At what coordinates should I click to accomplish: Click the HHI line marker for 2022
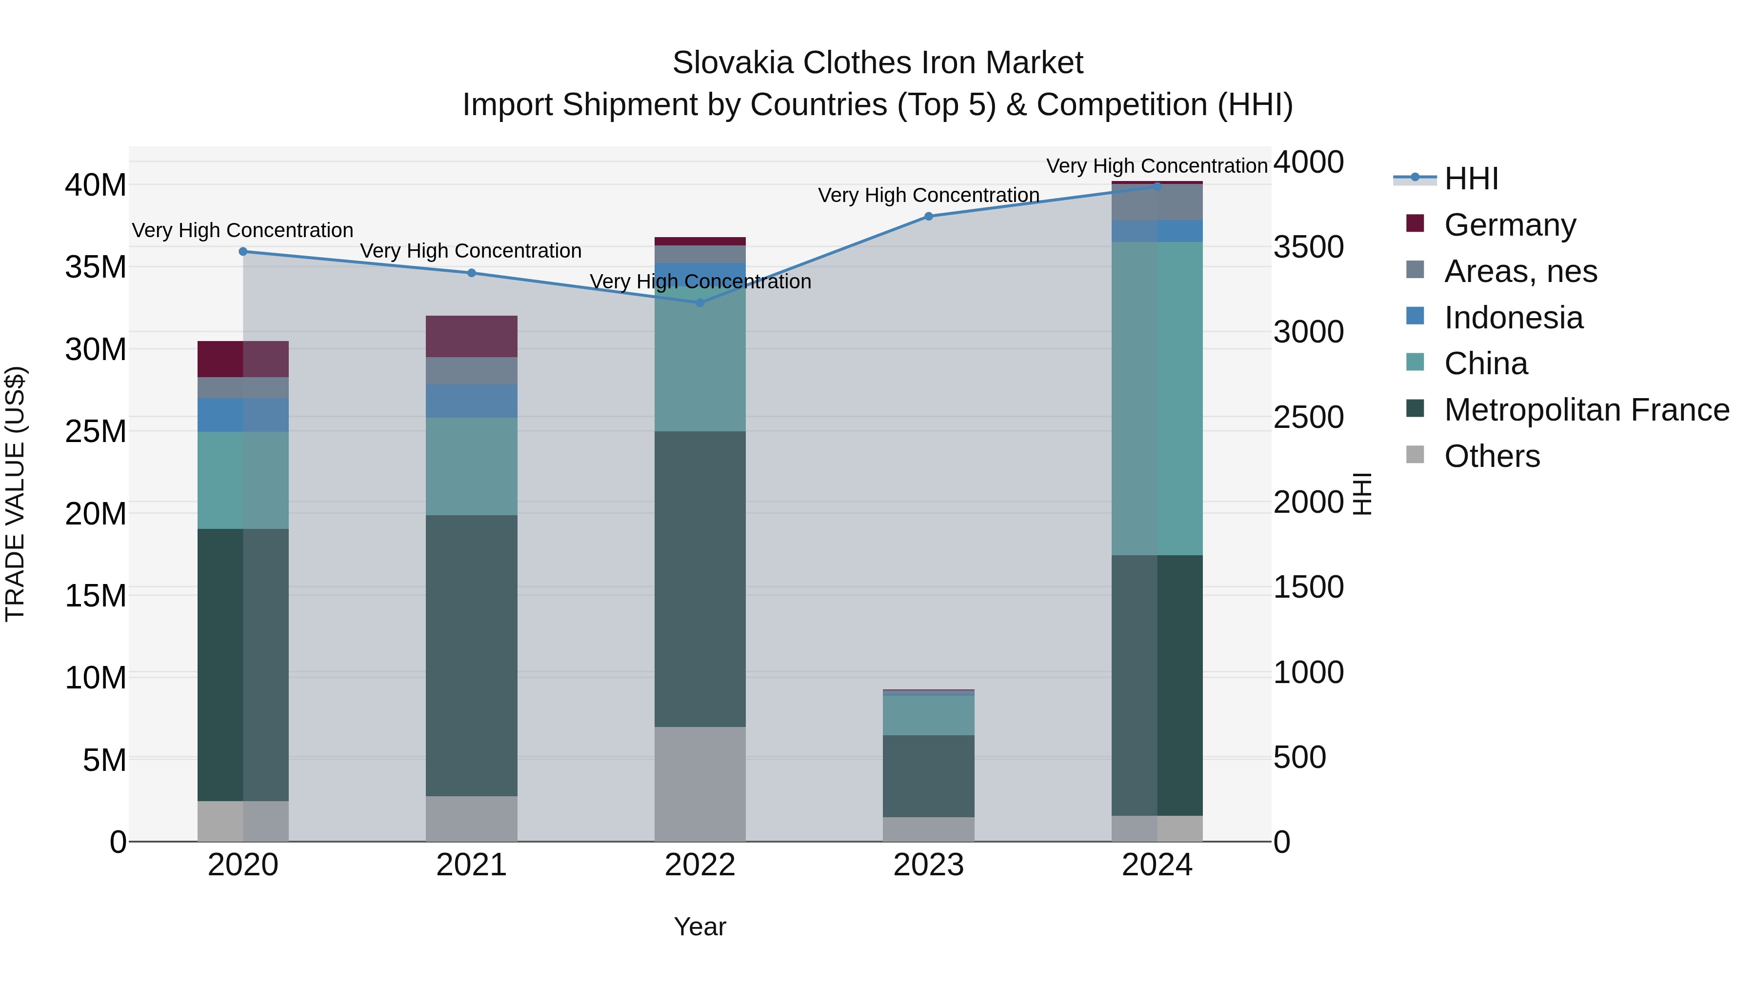tap(700, 302)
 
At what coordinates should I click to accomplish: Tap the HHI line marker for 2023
tap(928, 216)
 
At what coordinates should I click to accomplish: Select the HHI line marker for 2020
tap(243, 252)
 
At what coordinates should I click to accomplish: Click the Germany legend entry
tap(1509, 225)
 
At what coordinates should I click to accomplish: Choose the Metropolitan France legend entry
tap(1586, 410)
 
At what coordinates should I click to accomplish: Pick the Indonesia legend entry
tap(1513, 318)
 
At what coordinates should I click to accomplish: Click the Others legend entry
tap(1492, 456)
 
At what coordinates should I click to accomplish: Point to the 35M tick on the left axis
tap(96, 266)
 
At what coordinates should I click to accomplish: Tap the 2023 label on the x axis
tap(928, 865)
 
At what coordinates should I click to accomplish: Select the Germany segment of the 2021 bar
tap(472, 336)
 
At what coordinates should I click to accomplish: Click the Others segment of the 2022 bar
tap(700, 784)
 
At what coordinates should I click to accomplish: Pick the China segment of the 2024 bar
tap(1157, 399)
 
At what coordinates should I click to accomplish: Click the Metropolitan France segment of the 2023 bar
tap(928, 776)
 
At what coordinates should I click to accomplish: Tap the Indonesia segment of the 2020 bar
tap(243, 415)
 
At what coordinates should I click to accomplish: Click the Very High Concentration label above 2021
tap(471, 251)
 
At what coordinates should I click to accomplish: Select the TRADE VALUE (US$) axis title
tap(15, 494)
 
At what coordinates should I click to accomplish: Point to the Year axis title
tap(700, 927)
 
